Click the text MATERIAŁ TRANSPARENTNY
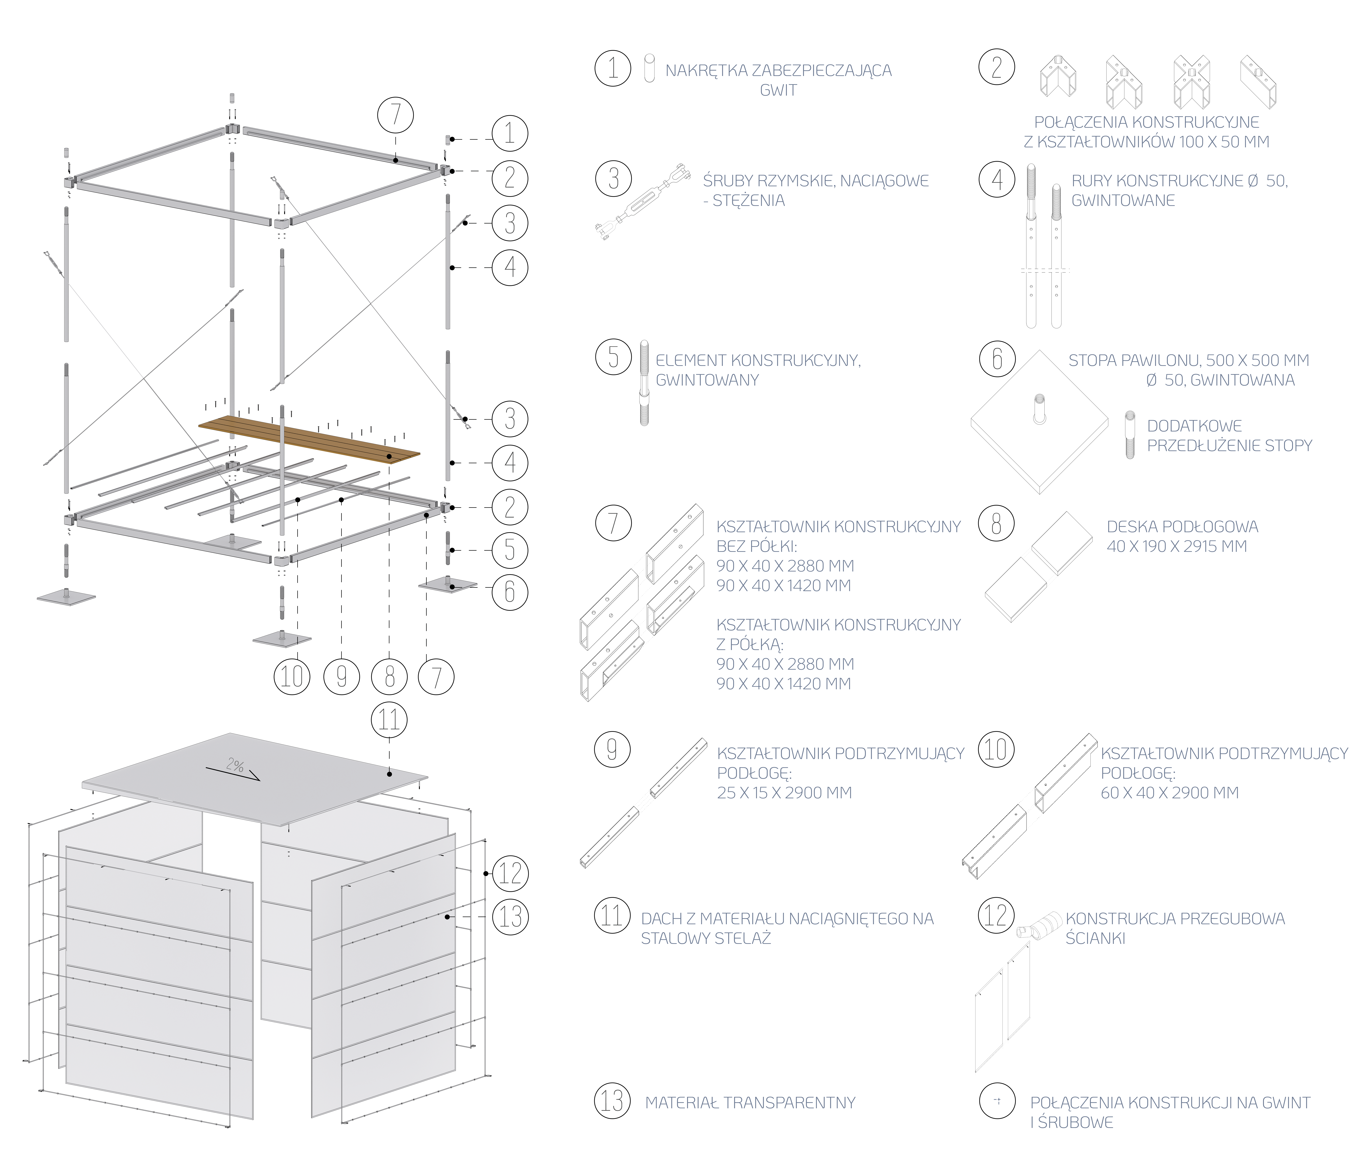pos(751,1103)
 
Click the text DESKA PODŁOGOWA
pos(1182,527)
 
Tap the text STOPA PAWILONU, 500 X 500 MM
pos(1188,360)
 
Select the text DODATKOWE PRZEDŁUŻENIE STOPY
pos(1229,436)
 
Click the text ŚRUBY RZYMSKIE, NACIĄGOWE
pos(815,180)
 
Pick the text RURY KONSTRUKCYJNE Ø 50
pos(1178,181)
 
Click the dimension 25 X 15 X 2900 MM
pos(784,793)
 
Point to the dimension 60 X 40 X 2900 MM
pos(1169,793)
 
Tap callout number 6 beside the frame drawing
pos(510,592)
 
